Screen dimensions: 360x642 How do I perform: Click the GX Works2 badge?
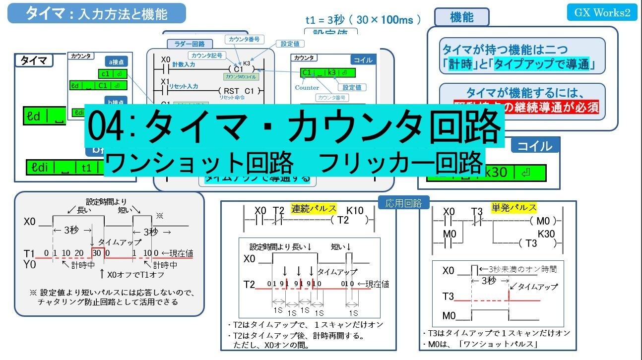pos(602,12)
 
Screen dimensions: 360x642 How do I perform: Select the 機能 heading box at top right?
pos(461,17)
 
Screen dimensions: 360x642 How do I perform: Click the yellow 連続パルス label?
pos(314,209)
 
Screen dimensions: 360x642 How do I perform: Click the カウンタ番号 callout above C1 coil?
pos(245,39)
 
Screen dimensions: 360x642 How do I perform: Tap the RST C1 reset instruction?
pos(239,91)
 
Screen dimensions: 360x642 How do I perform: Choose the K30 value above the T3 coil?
pos(546,233)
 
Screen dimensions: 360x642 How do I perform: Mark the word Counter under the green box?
pos(307,88)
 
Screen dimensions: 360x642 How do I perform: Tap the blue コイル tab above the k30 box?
pos(535,146)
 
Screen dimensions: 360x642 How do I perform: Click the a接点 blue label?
pos(118,61)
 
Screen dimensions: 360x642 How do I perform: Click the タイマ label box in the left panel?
pos(34,60)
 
